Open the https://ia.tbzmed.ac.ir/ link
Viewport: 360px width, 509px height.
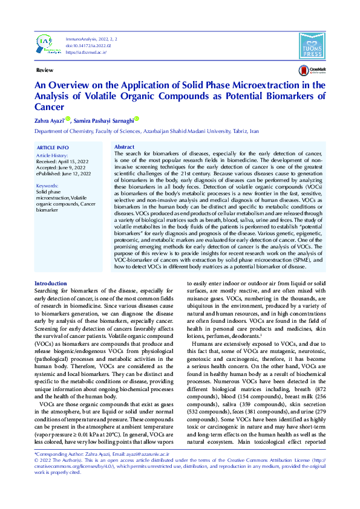(x=86, y=53)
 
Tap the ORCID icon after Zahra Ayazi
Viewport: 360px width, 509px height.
(x=68, y=119)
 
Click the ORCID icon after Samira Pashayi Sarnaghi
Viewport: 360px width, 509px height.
(x=137, y=119)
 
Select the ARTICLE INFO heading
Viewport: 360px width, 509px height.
(x=53, y=148)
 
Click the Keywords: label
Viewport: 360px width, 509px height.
(x=47, y=186)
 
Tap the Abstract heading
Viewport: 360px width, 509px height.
(x=124, y=147)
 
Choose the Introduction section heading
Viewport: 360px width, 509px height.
(x=51, y=284)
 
